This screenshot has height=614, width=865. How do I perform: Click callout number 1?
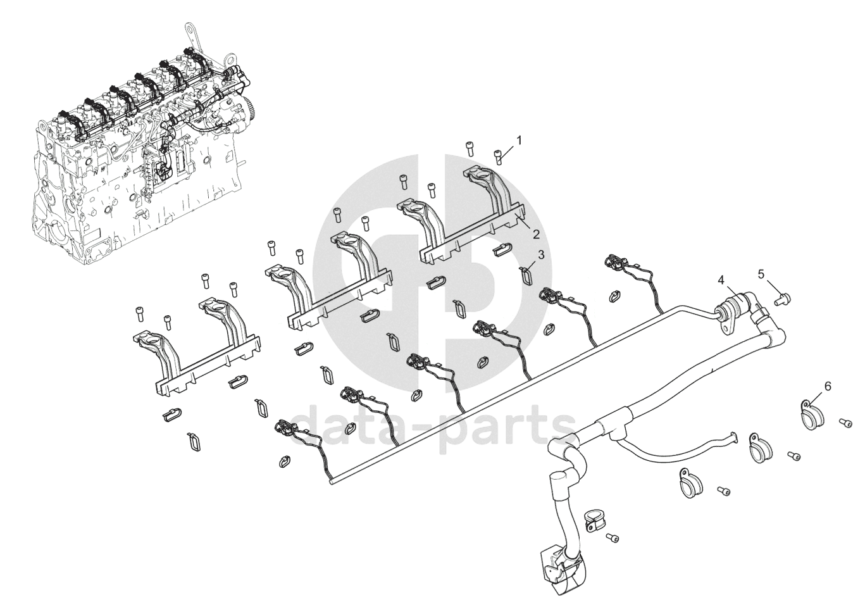point(520,140)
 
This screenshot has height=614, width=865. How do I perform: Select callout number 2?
point(535,234)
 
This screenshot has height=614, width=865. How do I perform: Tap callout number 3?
point(540,254)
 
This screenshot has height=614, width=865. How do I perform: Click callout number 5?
point(762,273)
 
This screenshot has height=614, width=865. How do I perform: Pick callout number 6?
point(827,385)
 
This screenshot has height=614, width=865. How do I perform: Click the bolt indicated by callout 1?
point(499,154)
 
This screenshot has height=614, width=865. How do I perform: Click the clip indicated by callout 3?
point(526,275)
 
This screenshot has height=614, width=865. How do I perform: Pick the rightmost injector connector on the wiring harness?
point(616,263)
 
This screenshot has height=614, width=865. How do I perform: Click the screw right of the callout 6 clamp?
point(844,422)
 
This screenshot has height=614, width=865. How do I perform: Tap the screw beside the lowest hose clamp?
point(612,537)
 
